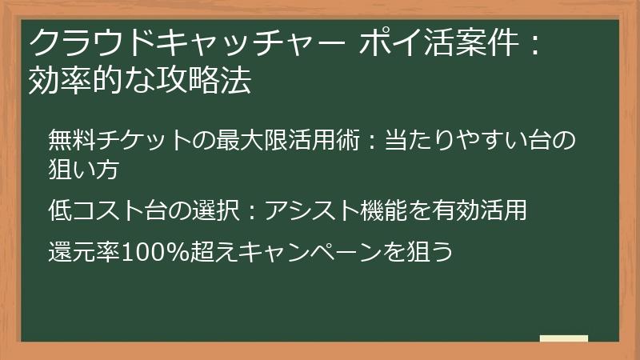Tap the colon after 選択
(253, 212)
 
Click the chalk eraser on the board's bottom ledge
(564, 338)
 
